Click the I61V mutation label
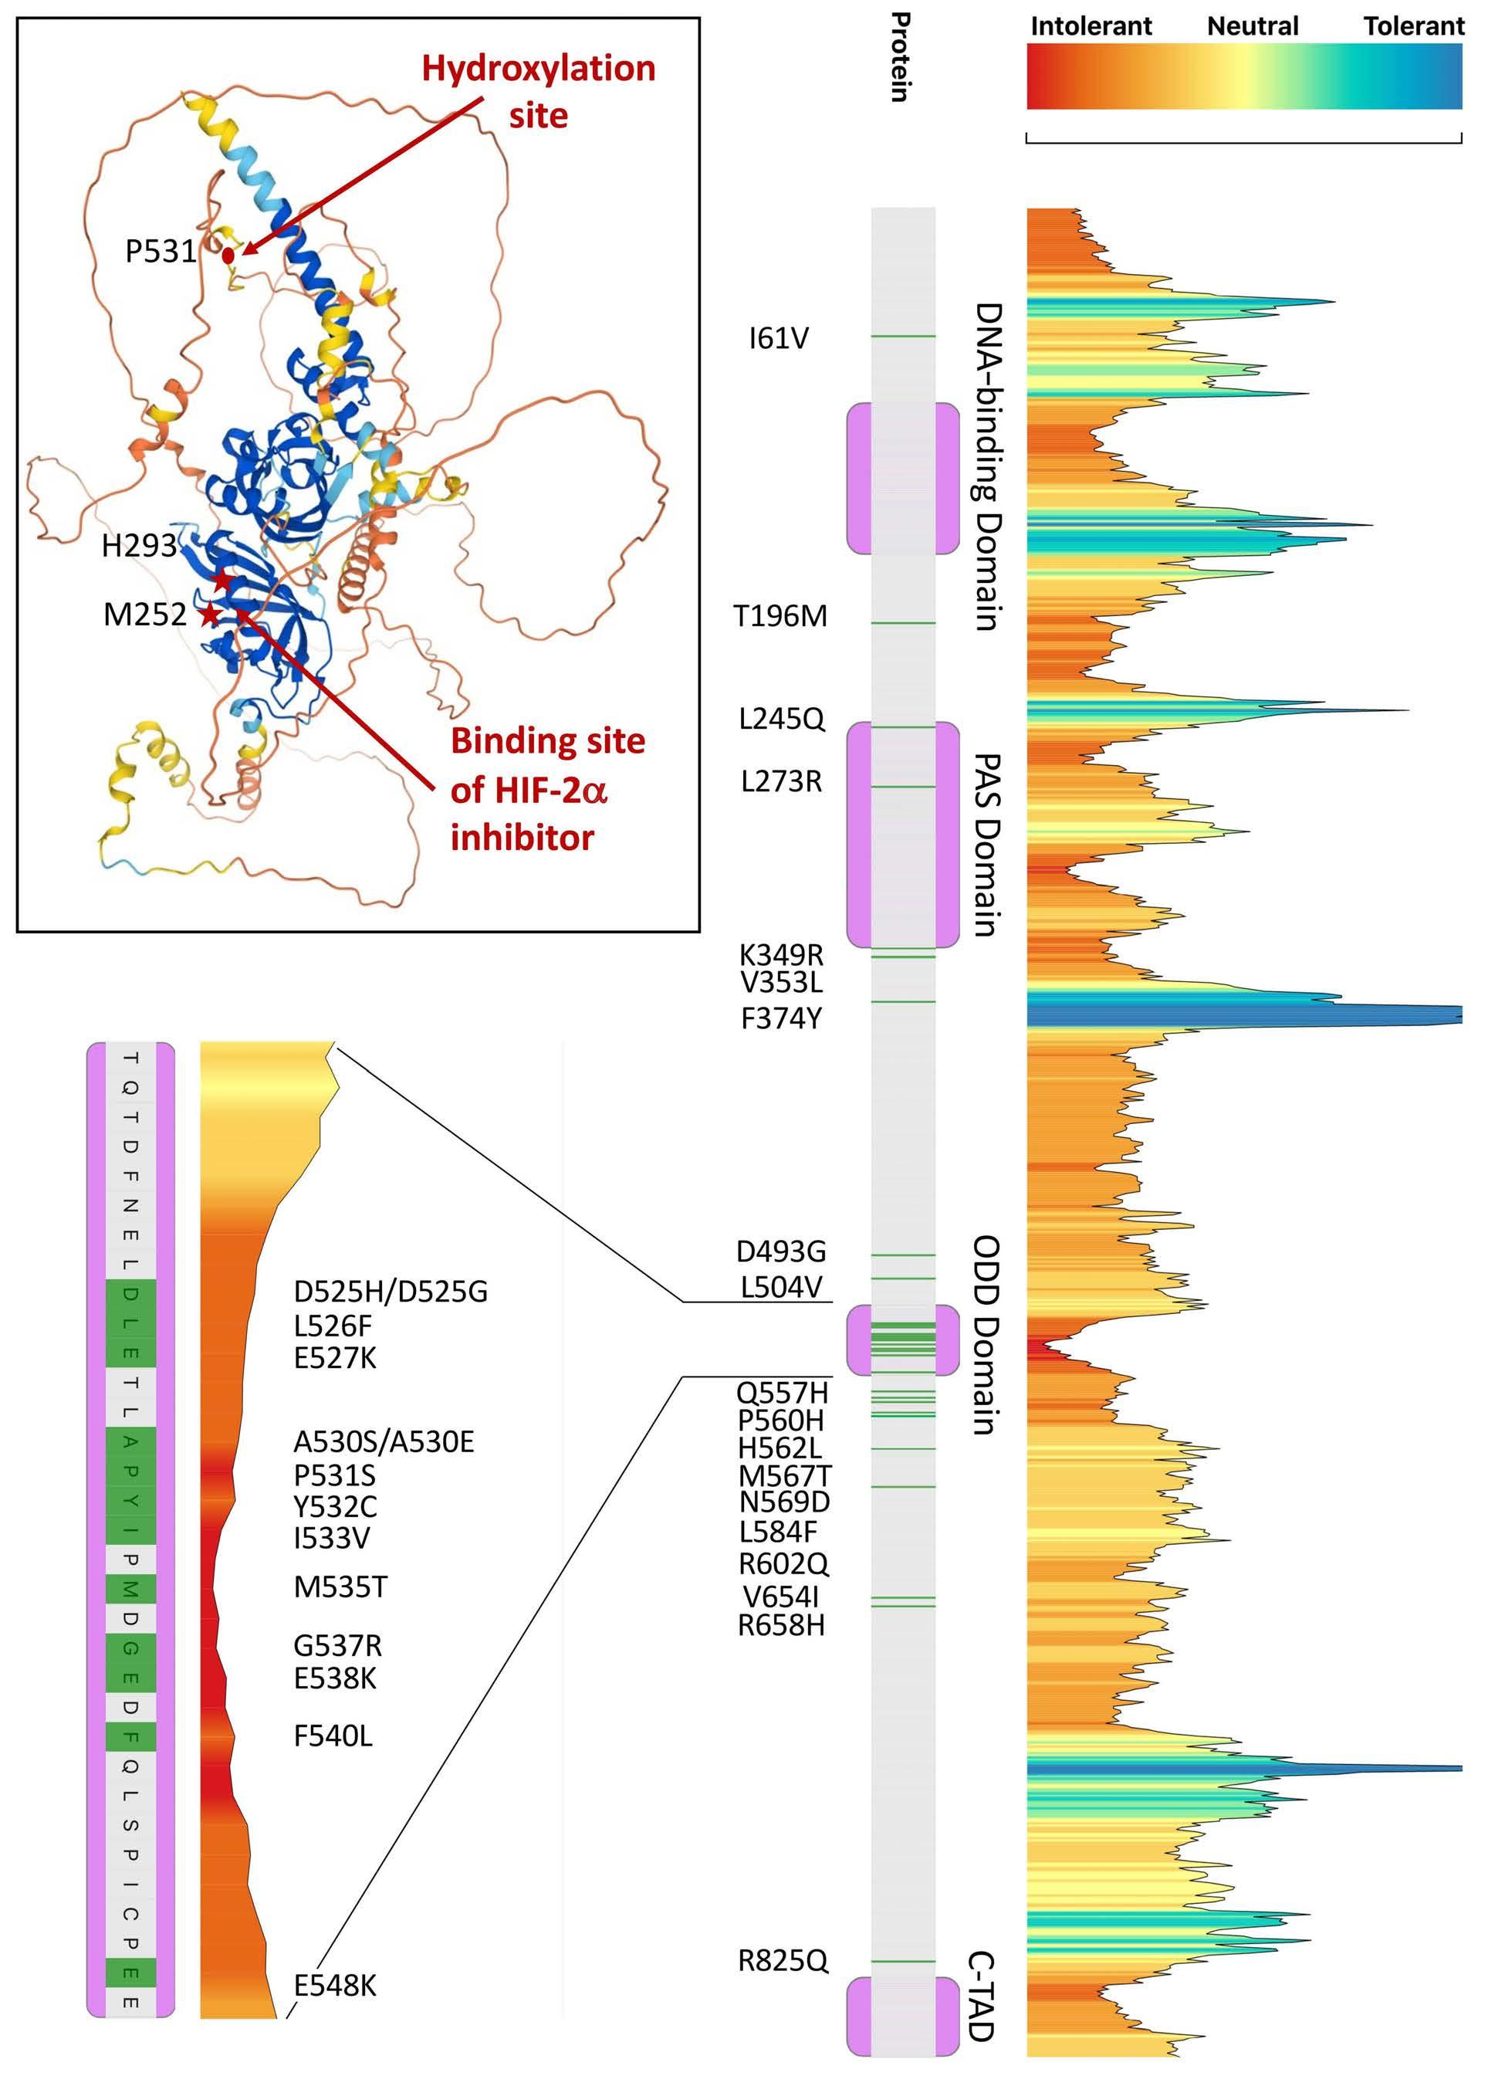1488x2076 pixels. click(779, 339)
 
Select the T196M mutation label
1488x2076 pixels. click(780, 616)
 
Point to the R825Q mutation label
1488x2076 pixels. click(783, 1961)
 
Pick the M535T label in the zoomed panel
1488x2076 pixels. click(340, 1587)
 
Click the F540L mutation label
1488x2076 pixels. click(333, 1736)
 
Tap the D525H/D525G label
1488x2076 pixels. click(391, 1292)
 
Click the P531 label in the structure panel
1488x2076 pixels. click(161, 251)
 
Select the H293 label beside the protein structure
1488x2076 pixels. click(139, 546)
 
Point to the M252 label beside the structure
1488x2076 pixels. click(144, 615)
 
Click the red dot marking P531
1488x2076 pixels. click(228, 256)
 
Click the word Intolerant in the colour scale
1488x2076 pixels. click(1091, 26)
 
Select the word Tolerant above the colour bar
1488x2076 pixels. click(1414, 26)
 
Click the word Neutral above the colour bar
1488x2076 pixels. click(1253, 26)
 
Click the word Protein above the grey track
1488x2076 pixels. click(901, 57)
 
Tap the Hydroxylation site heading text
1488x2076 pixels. click(538, 92)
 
